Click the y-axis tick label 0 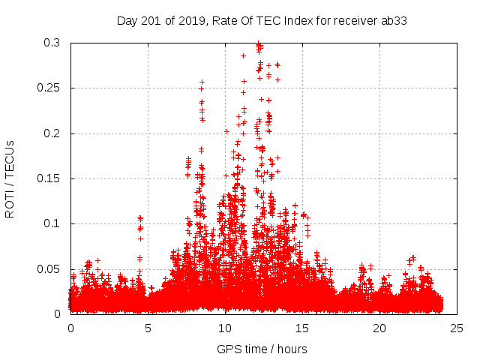click(x=58, y=313)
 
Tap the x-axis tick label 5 click(x=148, y=328)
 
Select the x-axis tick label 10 click(x=225, y=328)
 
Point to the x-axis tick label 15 click(x=302, y=328)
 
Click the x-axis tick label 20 click(x=379, y=328)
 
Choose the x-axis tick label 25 click(x=457, y=328)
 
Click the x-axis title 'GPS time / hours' click(x=262, y=349)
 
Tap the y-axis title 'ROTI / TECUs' click(x=10, y=180)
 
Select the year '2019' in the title click(x=198, y=21)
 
